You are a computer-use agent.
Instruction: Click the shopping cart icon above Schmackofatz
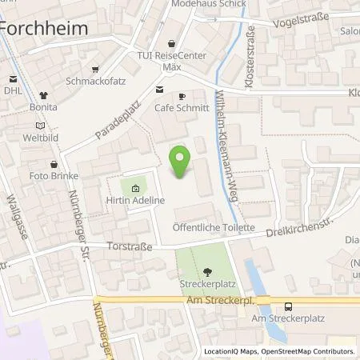pos(96,70)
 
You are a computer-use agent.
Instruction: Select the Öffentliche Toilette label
pos(214,227)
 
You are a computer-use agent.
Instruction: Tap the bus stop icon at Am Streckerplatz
pos(287,306)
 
